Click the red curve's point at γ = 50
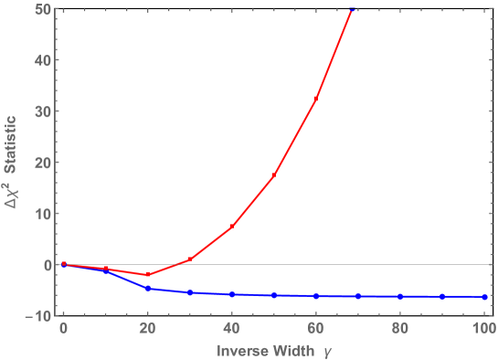274,175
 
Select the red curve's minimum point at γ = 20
148,274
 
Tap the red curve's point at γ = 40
232,227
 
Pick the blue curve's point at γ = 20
148,288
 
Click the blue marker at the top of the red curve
352,9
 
